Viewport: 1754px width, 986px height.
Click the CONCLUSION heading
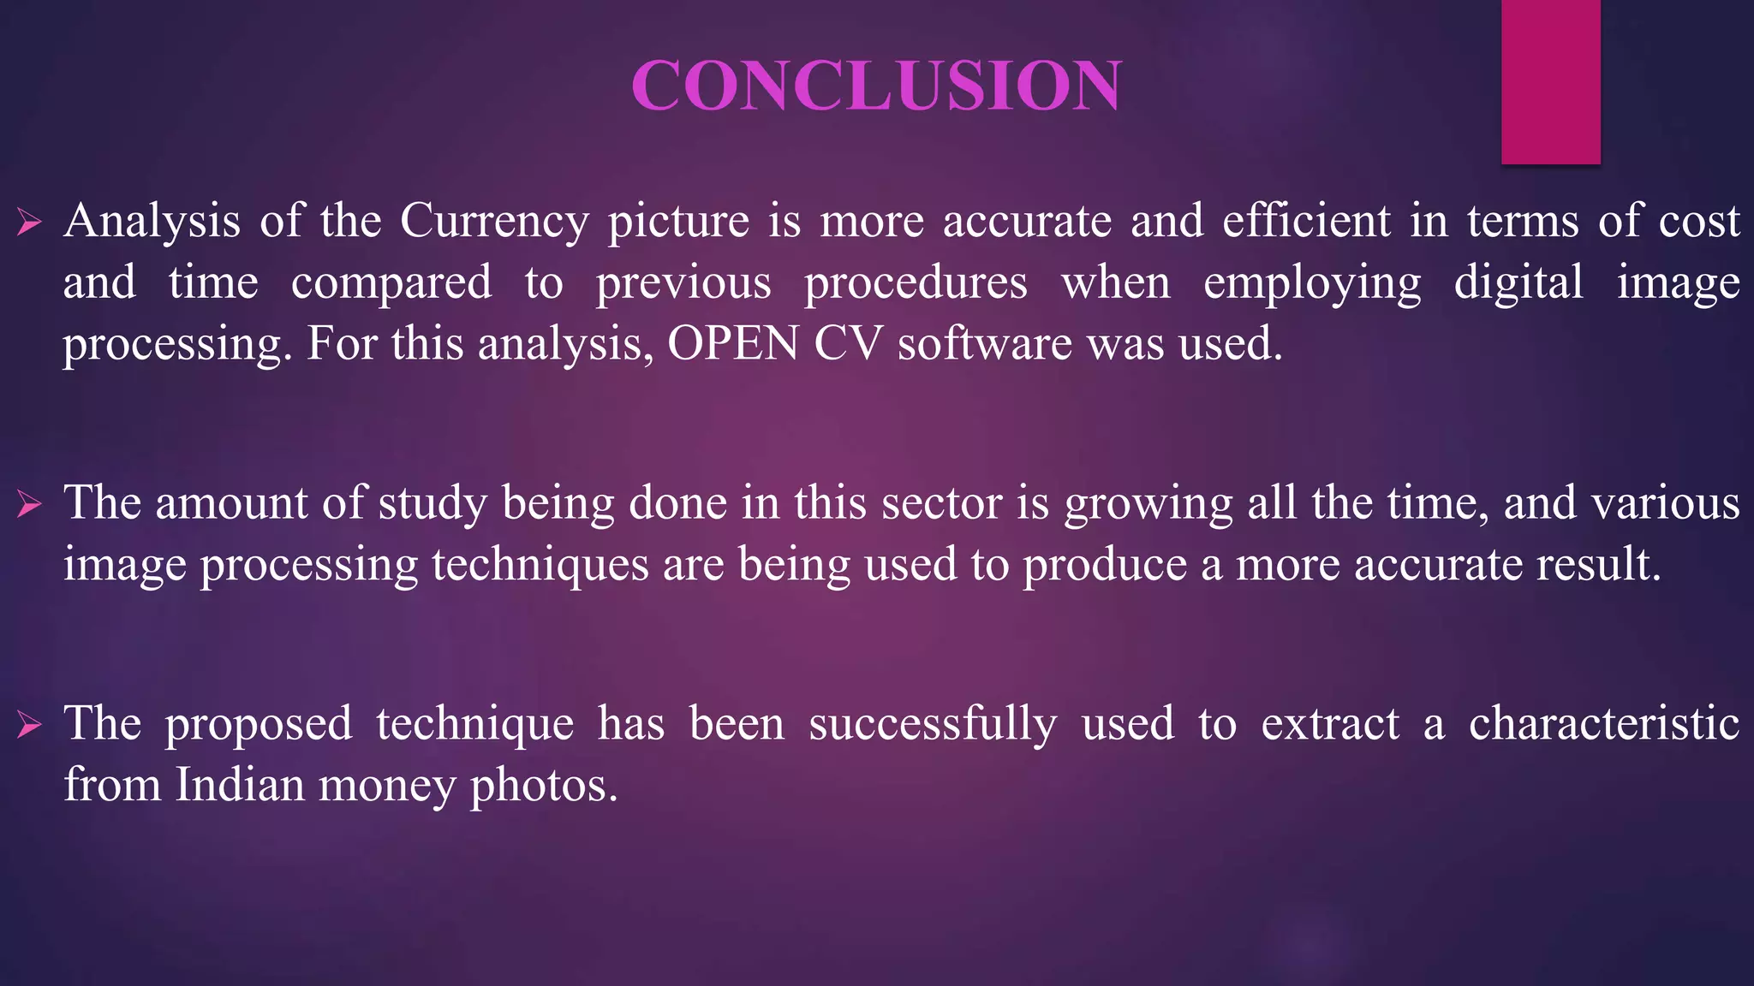point(876,85)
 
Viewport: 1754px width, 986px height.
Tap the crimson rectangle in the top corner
point(1550,81)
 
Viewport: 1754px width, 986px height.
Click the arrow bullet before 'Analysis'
point(29,223)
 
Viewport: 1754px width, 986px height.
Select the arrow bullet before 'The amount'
point(29,505)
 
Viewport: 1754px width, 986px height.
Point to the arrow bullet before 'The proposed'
point(29,726)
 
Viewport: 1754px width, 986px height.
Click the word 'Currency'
point(494,222)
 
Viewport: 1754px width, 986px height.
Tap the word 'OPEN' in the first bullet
point(732,344)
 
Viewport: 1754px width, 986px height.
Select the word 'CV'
point(847,344)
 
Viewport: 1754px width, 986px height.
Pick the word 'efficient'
point(1306,221)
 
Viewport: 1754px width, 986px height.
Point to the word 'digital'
point(1518,282)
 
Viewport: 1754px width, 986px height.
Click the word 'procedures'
point(916,284)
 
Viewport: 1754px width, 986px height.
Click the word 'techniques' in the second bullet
point(540,566)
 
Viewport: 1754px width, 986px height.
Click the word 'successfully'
point(933,724)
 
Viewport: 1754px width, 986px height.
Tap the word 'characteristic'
point(1603,723)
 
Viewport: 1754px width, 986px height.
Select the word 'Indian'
point(240,785)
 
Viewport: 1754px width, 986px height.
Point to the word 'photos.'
point(544,787)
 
